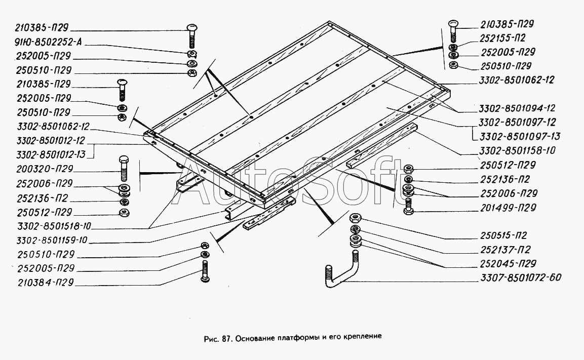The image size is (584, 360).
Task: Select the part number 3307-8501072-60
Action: coord(520,277)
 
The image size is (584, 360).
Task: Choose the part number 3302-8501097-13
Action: coord(513,137)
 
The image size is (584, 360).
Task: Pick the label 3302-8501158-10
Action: coord(513,151)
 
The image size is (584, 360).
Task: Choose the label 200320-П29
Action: coord(45,169)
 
